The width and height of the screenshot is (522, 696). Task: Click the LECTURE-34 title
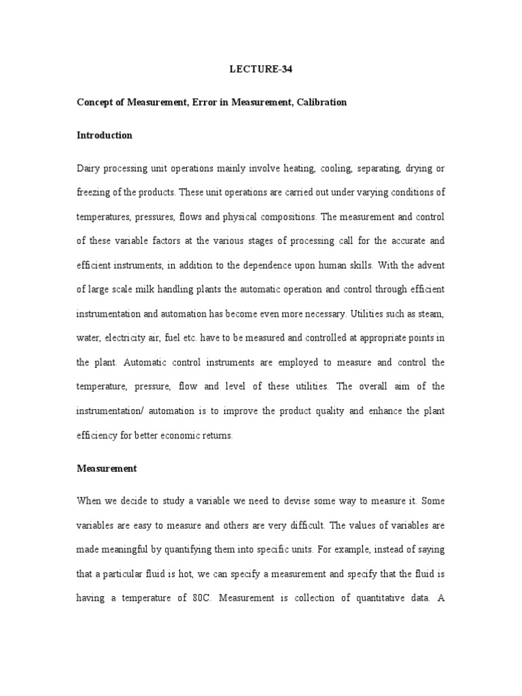pos(260,69)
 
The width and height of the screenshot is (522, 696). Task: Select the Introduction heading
pos(104,135)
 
